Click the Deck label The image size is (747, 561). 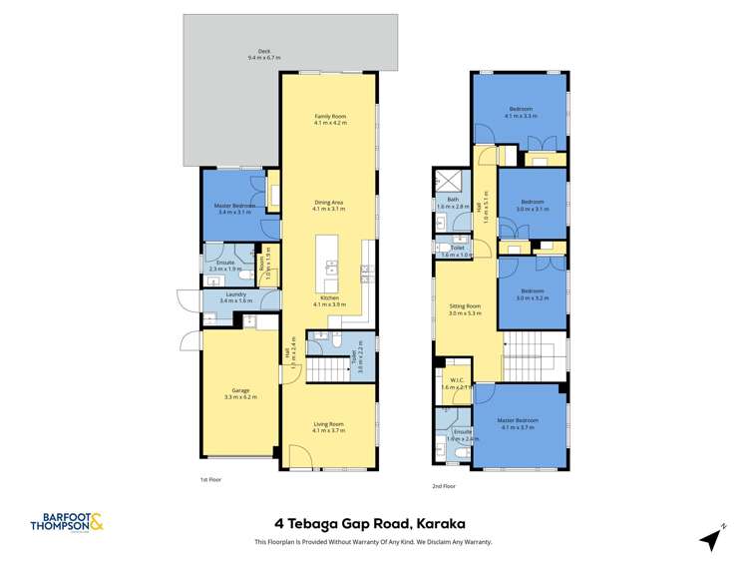(x=264, y=54)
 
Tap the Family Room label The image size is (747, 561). (x=329, y=120)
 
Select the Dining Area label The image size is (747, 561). (x=329, y=205)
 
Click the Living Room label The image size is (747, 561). (x=329, y=426)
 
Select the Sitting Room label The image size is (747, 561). (x=466, y=309)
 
